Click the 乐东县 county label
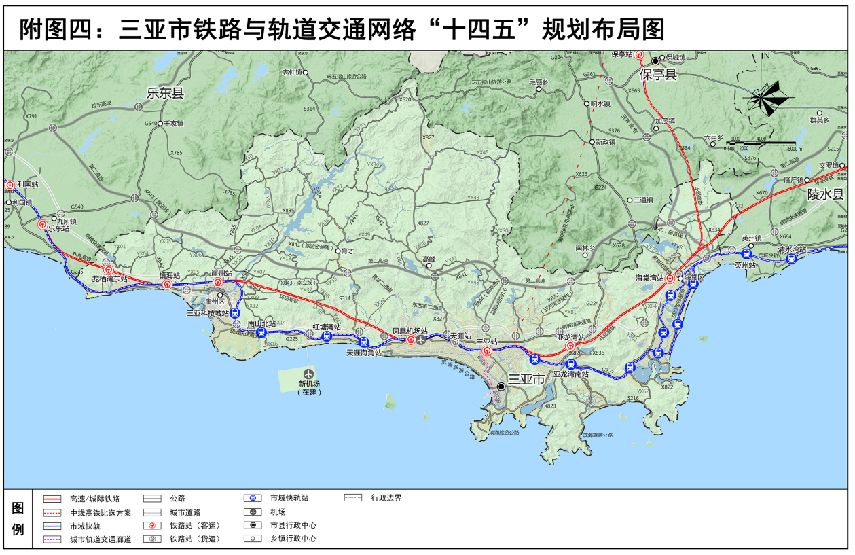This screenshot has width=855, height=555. tap(165, 94)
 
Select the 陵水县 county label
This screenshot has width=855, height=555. tap(824, 194)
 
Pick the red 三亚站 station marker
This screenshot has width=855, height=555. tap(487, 351)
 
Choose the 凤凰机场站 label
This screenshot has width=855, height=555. tap(410, 331)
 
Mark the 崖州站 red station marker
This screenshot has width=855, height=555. tap(218, 282)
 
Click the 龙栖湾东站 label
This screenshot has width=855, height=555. tap(109, 279)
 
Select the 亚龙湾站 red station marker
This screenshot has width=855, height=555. tap(570, 346)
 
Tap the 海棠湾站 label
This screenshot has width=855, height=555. tap(649, 278)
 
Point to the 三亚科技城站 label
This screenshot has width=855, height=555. tap(208, 313)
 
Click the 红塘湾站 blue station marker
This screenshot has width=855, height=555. tap(326, 336)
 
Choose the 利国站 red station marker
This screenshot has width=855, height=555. tap(10, 185)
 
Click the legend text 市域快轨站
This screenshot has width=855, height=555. tap(289, 498)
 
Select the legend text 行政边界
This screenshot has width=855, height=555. tap(386, 498)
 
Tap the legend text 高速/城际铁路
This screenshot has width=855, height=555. tap(94, 499)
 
